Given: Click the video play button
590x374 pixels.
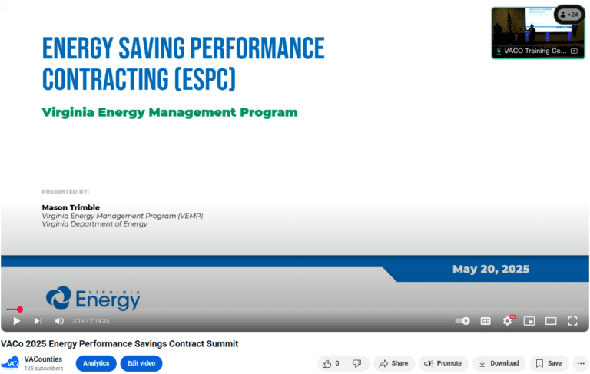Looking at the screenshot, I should point(16,321).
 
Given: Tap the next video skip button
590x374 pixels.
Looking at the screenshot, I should point(38,321).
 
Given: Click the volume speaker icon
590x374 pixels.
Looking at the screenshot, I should point(59,321).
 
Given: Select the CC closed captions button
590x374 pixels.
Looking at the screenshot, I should point(486,321).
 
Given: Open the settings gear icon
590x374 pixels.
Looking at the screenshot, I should point(507,321).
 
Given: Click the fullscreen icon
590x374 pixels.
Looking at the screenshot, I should point(572,321).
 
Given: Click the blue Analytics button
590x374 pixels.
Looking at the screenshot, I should point(96,363).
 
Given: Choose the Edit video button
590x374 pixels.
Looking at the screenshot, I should point(141,363).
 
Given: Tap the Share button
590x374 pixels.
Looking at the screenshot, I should point(394,363).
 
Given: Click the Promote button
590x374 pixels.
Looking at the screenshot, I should point(443,363).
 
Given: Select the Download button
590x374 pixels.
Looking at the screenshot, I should point(499,363).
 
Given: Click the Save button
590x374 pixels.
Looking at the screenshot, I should point(549,363).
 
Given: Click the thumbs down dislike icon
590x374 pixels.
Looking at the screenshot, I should point(356,363).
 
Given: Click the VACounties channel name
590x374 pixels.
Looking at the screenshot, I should point(43,359).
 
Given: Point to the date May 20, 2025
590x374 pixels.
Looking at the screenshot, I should point(490,270).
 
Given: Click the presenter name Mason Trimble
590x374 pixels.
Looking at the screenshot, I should point(71,207).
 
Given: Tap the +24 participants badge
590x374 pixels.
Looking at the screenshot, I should point(568,15).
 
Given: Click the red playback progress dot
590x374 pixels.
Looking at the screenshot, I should point(20,309).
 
